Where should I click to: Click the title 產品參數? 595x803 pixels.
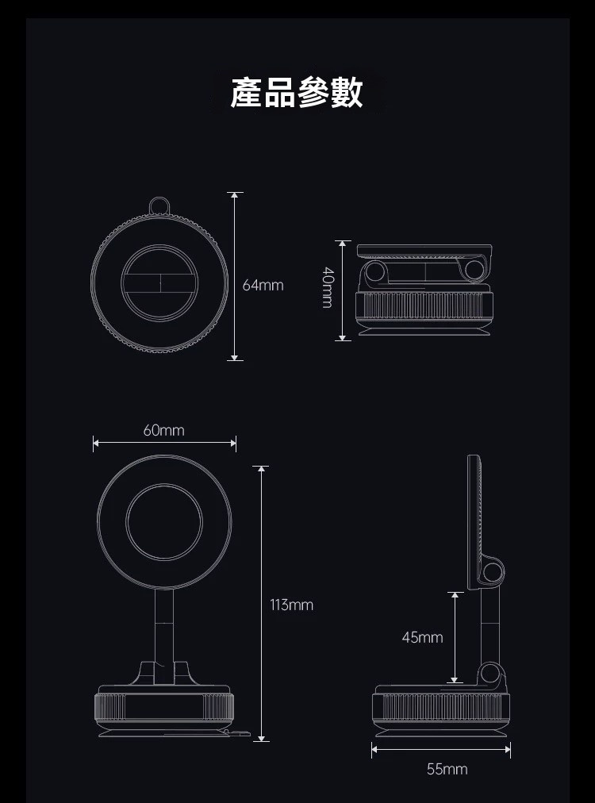[297, 93]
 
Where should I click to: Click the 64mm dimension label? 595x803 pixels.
[263, 285]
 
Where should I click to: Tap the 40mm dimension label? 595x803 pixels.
[328, 287]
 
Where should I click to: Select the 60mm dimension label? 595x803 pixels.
[164, 430]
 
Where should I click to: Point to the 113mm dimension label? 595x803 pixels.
[291, 605]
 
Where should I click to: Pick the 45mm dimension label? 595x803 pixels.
[422, 637]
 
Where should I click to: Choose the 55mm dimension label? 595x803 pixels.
[447, 769]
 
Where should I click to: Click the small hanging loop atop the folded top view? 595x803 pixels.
[159, 206]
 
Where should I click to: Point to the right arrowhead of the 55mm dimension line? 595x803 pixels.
[507, 749]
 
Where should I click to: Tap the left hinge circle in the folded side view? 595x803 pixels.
[376, 271]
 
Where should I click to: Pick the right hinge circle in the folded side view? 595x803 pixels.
[474, 271]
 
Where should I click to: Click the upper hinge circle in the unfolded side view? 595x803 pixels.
[493, 572]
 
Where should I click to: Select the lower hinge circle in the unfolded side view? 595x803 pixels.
[490, 673]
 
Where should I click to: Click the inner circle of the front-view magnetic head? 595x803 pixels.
[164, 522]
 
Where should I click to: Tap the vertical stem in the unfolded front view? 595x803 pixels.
[164, 636]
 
